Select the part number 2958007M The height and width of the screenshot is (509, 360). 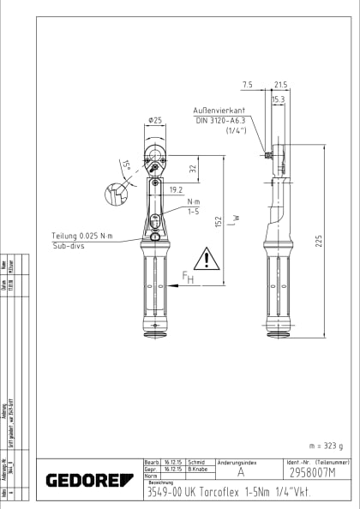[x=312, y=472]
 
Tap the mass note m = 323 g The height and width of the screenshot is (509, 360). [x=324, y=446]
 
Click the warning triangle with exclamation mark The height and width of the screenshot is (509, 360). [x=206, y=258]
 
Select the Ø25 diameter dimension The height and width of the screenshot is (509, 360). [x=155, y=121]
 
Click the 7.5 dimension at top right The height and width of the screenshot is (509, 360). [x=248, y=85]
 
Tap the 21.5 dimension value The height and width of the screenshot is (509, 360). [x=280, y=85]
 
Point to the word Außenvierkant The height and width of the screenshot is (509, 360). [x=222, y=111]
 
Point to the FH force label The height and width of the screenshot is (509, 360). [x=188, y=278]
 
